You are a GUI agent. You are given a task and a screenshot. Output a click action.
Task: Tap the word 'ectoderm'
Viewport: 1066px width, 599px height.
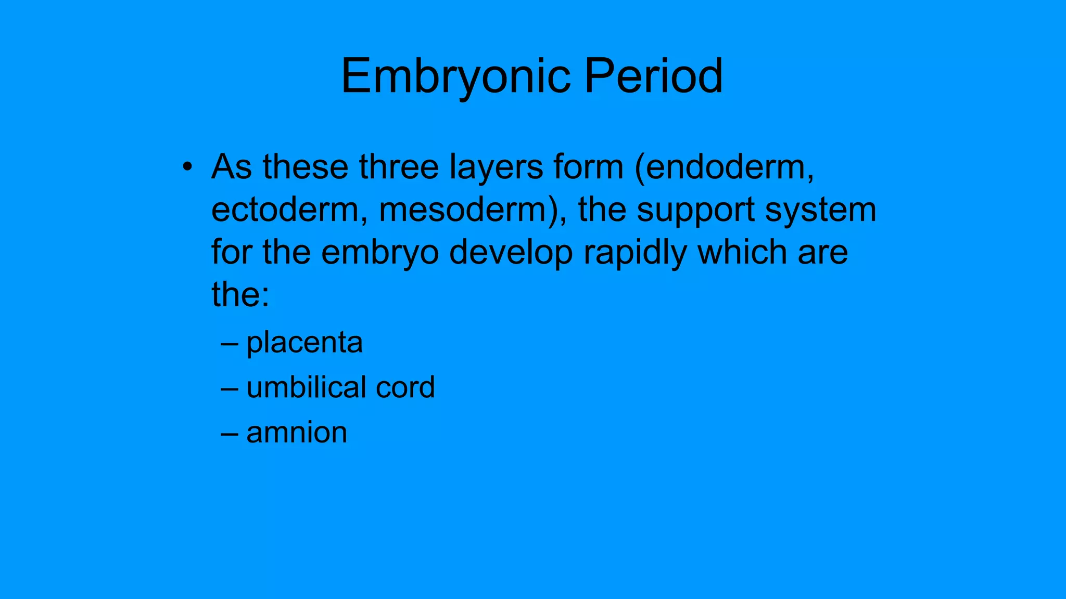(x=285, y=210)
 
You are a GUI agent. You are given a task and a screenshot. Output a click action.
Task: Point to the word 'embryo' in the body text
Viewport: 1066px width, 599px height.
(x=380, y=253)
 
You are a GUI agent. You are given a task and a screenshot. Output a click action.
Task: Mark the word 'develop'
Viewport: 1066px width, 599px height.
(x=511, y=253)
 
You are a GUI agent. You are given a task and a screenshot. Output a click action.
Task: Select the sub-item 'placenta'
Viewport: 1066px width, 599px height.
(x=304, y=343)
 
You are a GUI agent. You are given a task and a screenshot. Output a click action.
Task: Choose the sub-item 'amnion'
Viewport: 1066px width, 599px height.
(x=297, y=432)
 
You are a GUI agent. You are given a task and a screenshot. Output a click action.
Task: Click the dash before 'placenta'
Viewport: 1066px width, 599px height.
(x=230, y=344)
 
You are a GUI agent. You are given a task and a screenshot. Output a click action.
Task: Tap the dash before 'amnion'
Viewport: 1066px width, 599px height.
(x=230, y=433)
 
